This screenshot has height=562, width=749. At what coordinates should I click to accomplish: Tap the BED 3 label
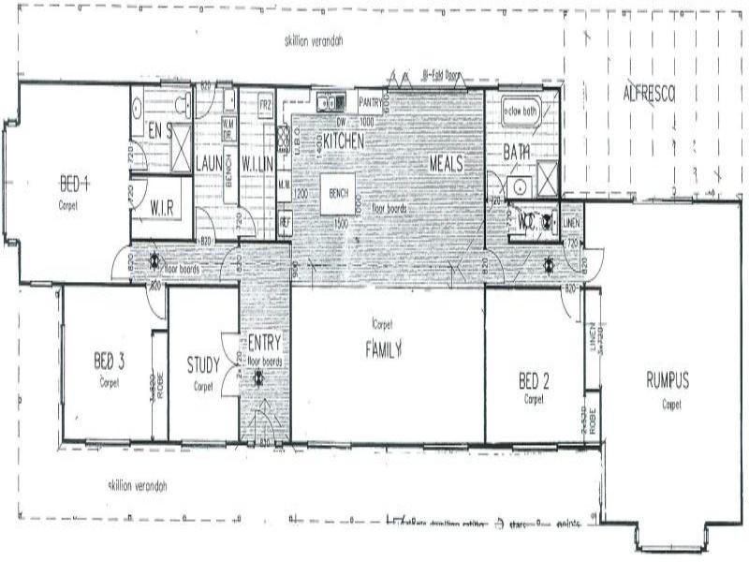110,361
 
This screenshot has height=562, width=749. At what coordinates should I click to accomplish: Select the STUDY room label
203,364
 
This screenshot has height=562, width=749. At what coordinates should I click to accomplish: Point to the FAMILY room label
383,350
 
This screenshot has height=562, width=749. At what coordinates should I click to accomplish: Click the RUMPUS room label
668,380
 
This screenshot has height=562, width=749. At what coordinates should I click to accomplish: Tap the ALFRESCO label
649,92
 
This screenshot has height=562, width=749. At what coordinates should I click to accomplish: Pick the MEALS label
448,163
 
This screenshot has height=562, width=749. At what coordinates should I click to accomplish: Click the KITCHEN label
344,140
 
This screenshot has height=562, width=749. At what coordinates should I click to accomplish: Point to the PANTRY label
371,103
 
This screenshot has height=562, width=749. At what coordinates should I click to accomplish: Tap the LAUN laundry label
207,163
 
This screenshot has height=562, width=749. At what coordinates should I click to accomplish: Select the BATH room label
517,152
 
